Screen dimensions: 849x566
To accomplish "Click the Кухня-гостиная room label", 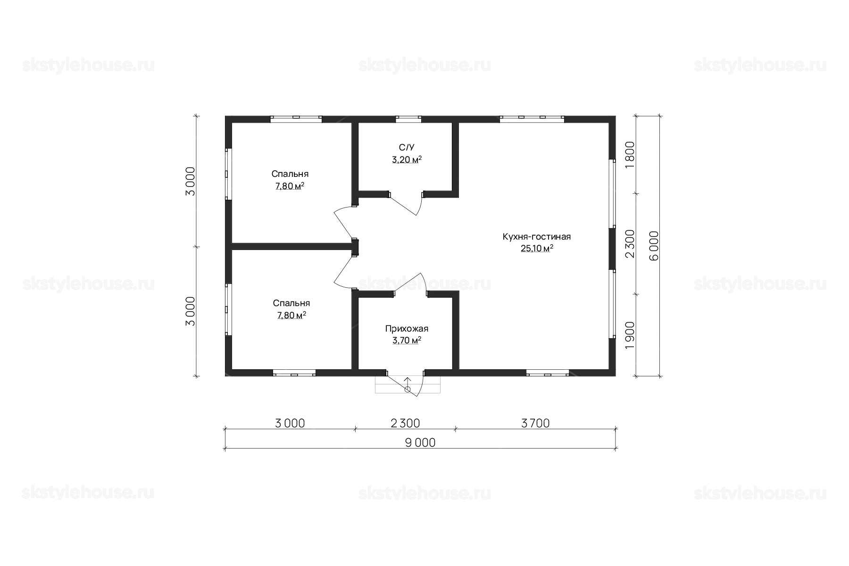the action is [537, 236].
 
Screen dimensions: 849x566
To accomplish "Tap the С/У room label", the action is [407, 148].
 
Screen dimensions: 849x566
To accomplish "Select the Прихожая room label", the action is [407, 329].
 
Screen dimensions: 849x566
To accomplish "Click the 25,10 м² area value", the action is [537, 249].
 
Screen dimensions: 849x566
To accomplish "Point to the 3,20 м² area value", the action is [407, 160].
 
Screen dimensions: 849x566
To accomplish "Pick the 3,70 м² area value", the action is [407, 340].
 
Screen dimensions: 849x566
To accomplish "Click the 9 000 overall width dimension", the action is [420, 443].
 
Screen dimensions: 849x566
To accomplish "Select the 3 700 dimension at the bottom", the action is [536, 424].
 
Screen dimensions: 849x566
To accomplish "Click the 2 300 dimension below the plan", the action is [406, 424].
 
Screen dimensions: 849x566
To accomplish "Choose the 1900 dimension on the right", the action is [630, 335].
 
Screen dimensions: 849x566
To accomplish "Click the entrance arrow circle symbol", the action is [408, 390].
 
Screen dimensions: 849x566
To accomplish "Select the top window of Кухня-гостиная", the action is [532, 119].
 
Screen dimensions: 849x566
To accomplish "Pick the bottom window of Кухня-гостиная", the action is [548, 373].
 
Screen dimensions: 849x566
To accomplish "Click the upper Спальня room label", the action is [290, 174].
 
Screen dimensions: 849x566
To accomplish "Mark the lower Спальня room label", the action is [291, 303].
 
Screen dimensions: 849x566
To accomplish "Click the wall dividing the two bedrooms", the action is [292, 246].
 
